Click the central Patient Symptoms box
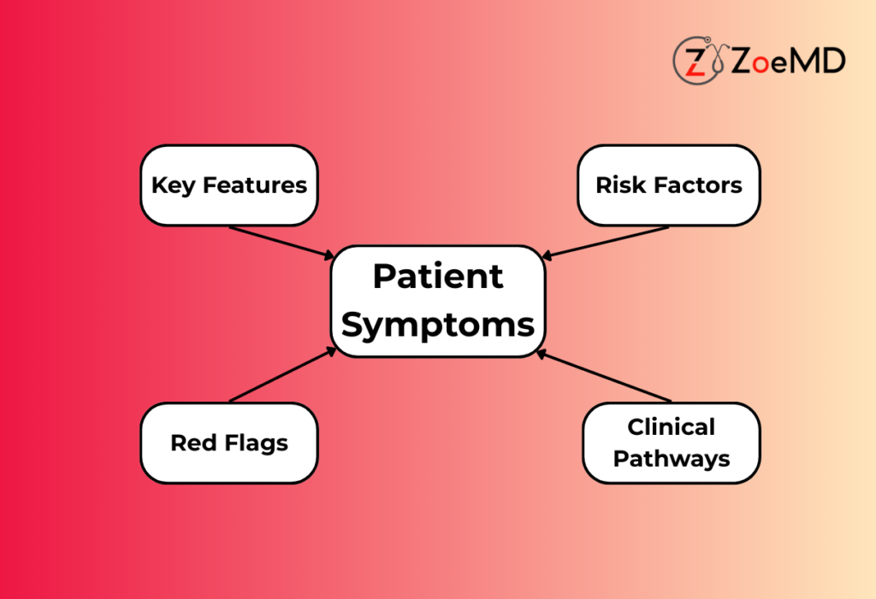(438, 301)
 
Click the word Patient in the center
(438, 277)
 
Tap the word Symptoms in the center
(438, 325)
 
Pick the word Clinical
(671, 427)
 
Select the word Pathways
(671, 459)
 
